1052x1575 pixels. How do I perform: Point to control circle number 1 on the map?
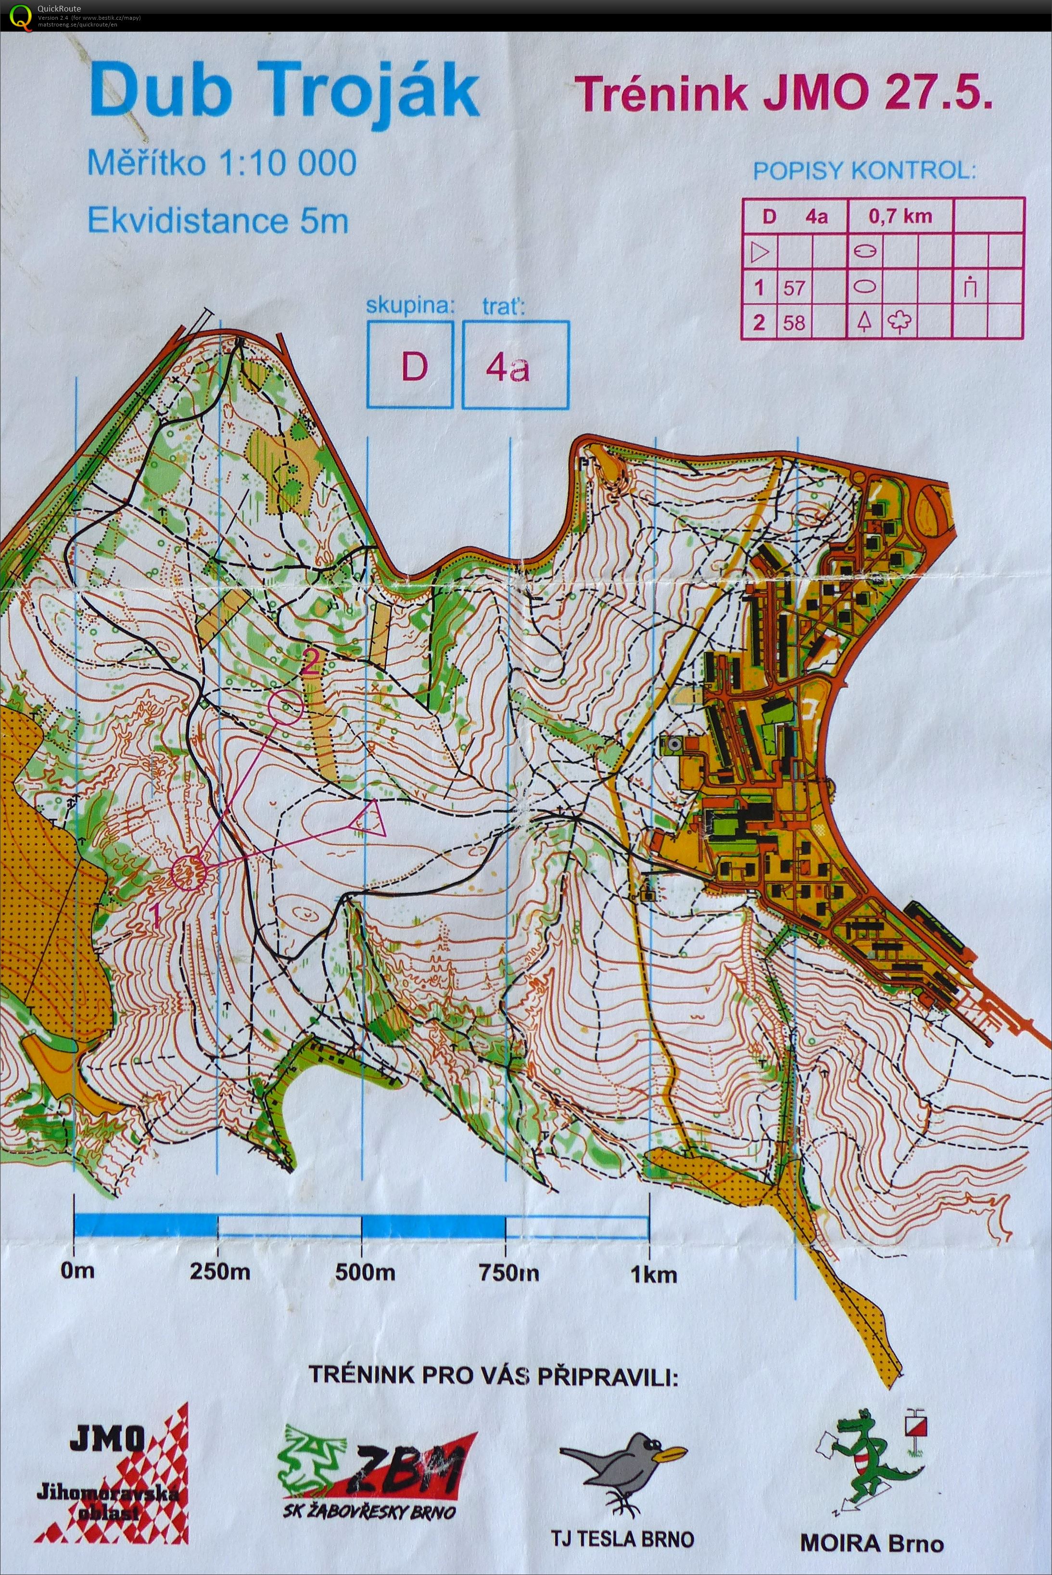(187, 872)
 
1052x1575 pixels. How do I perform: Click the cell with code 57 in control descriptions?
(794, 289)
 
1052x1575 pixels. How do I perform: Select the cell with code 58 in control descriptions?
(794, 323)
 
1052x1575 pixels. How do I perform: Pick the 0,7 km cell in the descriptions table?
(900, 216)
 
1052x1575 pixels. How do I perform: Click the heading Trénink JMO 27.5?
(784, 93)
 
